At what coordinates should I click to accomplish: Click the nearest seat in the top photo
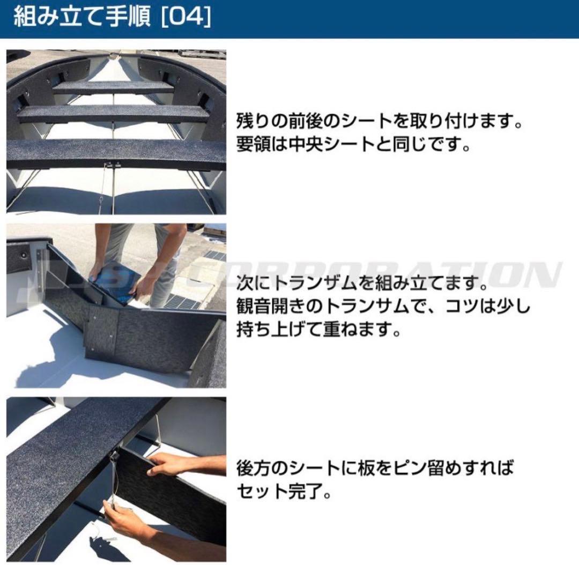click(x=115, y=152)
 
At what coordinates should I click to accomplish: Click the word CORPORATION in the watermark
click(x=375, y=274)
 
